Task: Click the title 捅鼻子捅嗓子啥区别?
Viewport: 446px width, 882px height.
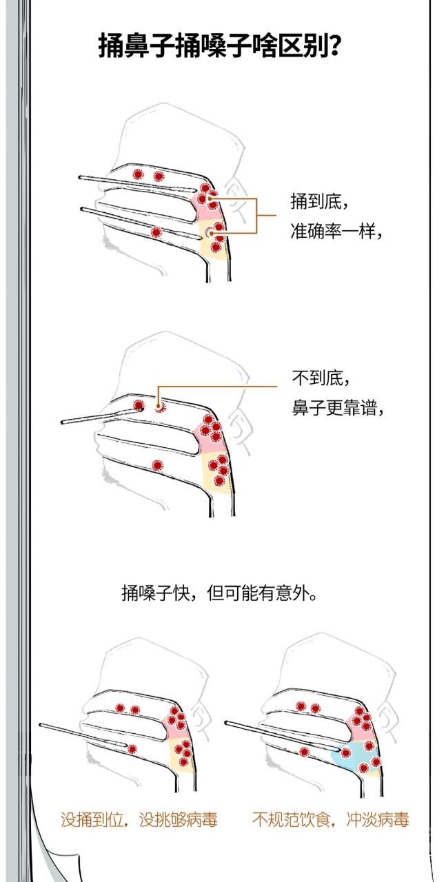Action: (x=219, y=47)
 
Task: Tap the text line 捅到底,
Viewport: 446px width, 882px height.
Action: (x=319, y=201)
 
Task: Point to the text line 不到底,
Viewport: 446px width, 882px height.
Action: (x=321, y=378)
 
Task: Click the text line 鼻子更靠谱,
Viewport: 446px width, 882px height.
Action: (x=338, y=408)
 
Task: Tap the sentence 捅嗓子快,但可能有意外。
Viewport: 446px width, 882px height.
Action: (x=219, y=593)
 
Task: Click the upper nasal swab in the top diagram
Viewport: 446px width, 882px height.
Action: (x=137, y=184)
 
